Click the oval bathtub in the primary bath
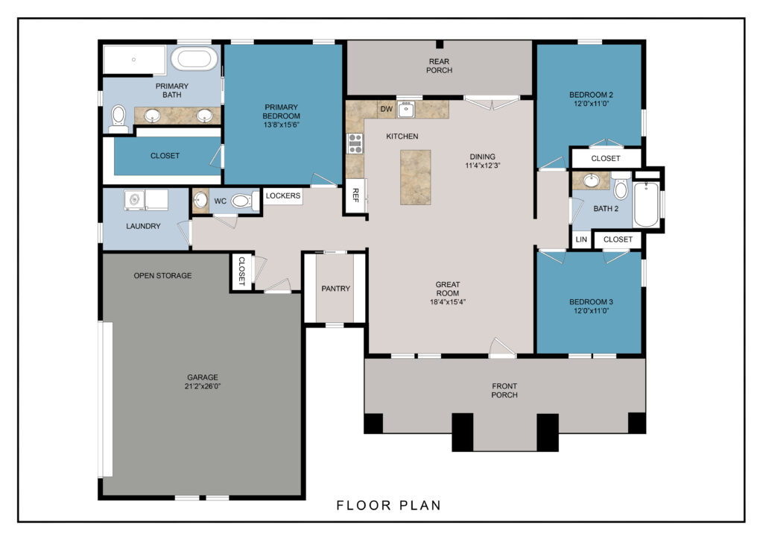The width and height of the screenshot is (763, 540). coord(194,59)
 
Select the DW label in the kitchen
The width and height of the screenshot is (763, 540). coord(387,109)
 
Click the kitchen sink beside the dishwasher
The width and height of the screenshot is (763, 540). coord(406,109)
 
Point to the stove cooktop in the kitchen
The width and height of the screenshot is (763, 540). coord(355,143)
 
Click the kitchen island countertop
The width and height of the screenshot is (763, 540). coord(416,178)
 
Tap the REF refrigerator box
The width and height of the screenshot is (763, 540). coord(355,195)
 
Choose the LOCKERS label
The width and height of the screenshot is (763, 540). coord(282,195)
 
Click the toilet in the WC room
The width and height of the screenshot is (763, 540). coord(244,201)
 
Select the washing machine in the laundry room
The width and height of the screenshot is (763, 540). coord(134,200)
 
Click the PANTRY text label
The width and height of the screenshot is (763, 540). coord(336,289)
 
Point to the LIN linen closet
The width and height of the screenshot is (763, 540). coord(581,239)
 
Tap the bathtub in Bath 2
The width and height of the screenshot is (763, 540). coord(646,204)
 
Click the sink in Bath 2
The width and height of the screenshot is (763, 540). coord(591,180)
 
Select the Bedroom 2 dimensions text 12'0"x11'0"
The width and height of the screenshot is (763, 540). coord(591,104)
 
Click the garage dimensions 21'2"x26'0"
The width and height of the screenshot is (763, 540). coord(203,386)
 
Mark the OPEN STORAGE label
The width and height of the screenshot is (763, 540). coord(162,276)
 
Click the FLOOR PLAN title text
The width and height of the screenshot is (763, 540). coord(389,506)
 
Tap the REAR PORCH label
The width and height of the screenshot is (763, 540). coord(439,66)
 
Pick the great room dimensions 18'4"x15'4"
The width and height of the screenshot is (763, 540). coord(448,302)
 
